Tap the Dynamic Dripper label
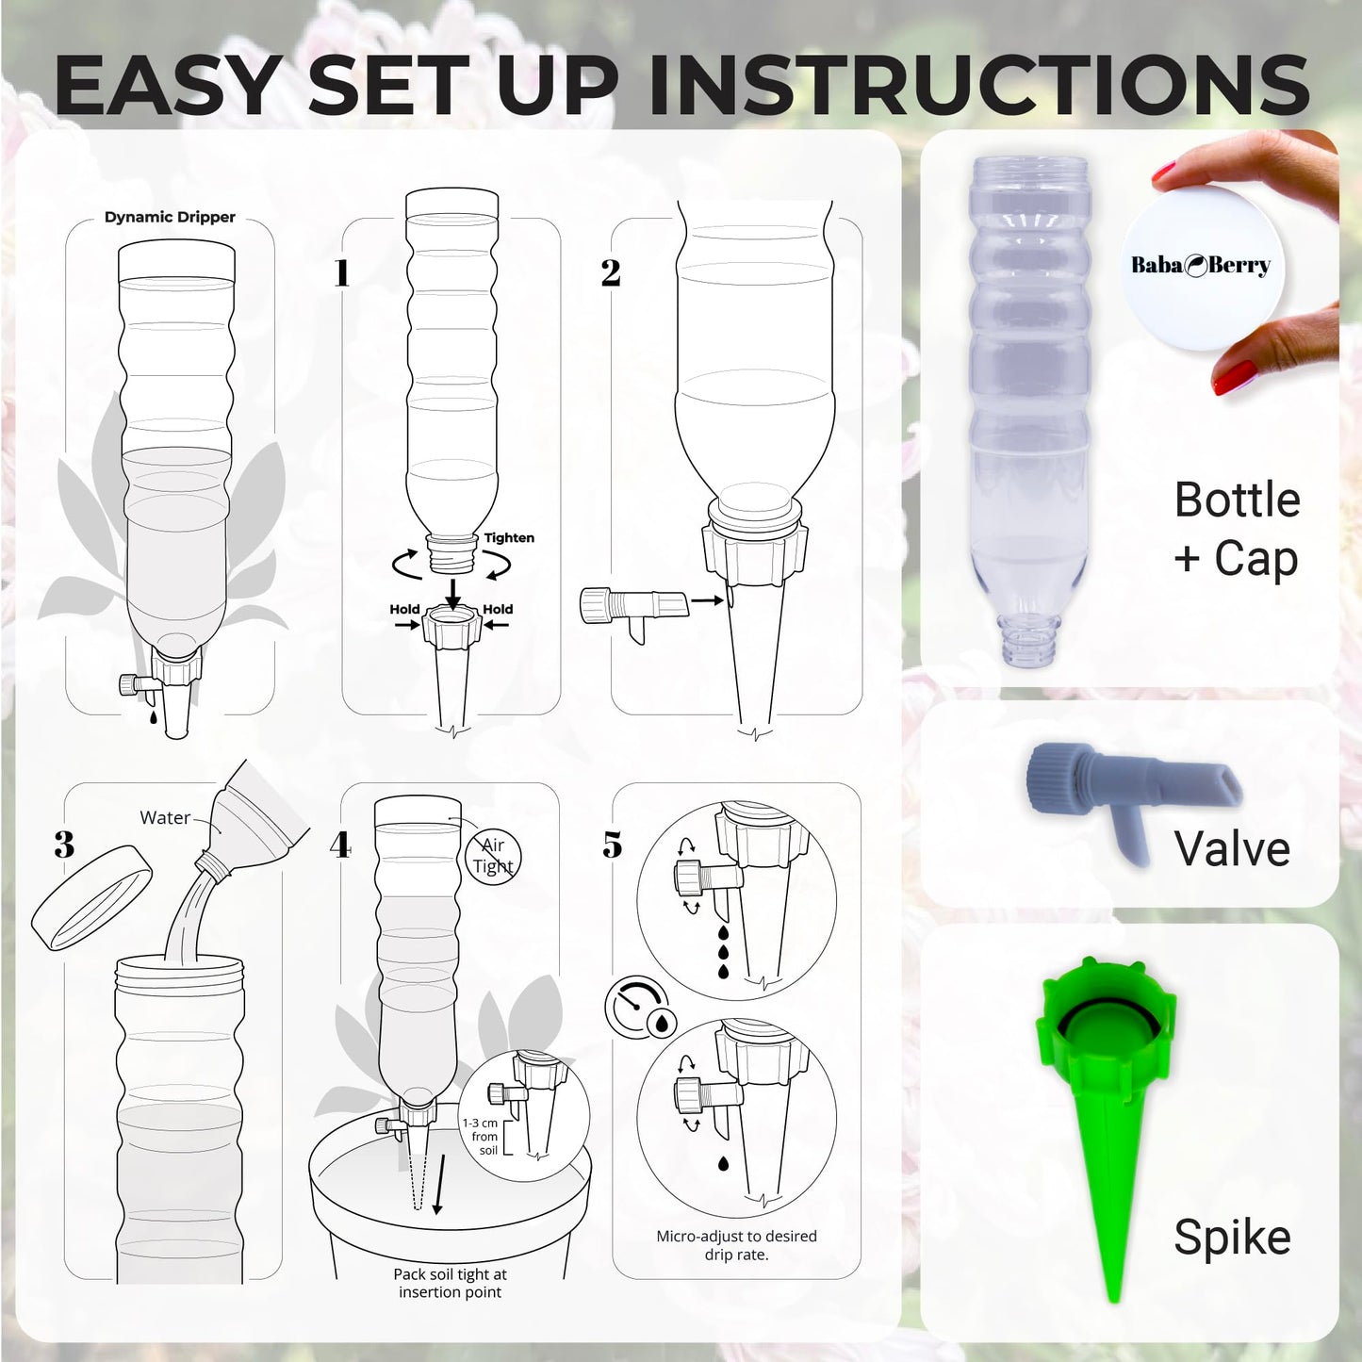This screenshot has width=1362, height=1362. point(170,217)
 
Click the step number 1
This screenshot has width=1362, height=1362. point(342,273)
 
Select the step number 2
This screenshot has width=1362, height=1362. point(611,273)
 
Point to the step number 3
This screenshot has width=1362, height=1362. point(64,845)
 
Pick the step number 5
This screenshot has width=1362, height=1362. point(612,845)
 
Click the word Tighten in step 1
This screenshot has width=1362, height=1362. point(509,538)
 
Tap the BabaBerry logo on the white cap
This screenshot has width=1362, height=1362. point(1200,265)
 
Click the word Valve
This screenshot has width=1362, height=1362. point(1232,848)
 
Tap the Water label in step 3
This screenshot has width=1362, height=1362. point(165,818)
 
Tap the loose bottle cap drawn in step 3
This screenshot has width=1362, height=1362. point(91,897)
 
